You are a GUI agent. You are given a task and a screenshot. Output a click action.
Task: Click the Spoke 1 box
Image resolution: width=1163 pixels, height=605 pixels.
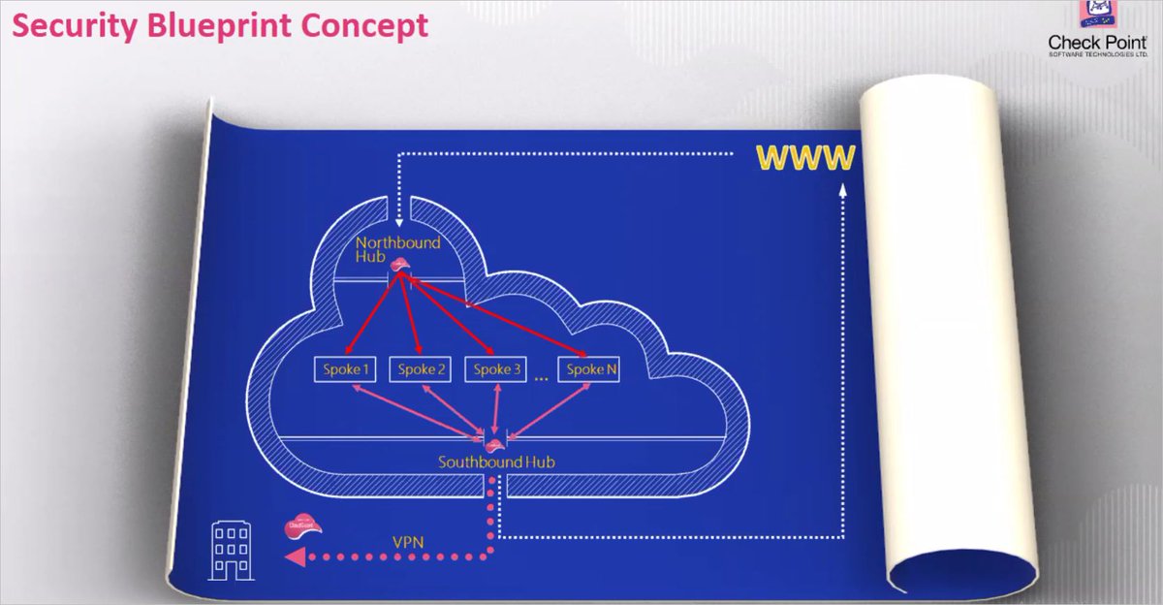coord(345,369)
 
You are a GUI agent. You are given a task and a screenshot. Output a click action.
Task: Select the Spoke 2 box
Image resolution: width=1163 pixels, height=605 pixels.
coord(422,369)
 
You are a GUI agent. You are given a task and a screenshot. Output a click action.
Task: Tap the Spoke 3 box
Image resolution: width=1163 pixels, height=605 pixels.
coord(496,369)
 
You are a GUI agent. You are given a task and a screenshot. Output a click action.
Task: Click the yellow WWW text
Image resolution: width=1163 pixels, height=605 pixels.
coord(806,157)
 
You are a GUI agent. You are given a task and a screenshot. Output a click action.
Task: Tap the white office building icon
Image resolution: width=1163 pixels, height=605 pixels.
coord(232,552)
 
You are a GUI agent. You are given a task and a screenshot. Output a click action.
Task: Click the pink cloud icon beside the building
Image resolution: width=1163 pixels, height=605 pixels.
coord(299,525)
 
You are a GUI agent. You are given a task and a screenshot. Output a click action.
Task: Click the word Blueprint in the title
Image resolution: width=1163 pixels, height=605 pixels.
coord(248,26)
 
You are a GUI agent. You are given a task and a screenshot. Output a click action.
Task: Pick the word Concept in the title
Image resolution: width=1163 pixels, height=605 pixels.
coord(373,26)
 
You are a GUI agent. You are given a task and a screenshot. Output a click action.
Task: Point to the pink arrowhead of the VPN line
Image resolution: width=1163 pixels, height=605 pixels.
coord(292,557)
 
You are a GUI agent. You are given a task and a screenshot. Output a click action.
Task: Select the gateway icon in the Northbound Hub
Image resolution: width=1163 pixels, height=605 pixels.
coord(397,265)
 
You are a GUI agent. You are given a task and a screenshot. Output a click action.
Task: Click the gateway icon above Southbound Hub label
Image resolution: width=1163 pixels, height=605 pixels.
coord(494,443)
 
